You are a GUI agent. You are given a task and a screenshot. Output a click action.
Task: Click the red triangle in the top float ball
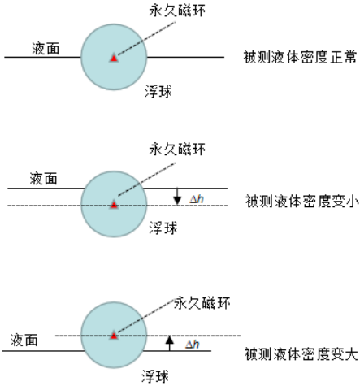coord(114,58)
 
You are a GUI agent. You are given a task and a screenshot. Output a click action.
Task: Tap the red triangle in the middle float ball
coord(114,205)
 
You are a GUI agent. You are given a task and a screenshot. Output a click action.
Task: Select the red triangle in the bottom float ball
coord(114,336)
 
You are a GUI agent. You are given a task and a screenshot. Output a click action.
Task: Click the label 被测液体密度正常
coord(300,57)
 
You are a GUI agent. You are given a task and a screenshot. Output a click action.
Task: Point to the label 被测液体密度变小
coord(302,201)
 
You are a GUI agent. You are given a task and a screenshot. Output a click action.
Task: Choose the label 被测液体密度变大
coord(301,353)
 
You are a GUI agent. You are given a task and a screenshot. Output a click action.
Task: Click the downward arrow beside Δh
coord(177,197)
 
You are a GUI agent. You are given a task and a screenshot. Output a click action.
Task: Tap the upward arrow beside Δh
coord(170,343)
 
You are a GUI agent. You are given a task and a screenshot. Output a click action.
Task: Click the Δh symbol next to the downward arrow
coord(197,199)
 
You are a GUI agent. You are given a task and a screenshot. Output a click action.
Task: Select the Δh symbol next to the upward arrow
coord(193,345)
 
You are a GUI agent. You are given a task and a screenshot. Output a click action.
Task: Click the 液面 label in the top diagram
coord(46,49)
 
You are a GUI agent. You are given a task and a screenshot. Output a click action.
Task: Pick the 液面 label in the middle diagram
coord(43,179)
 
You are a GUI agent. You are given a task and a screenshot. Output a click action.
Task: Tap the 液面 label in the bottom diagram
coord(24,340)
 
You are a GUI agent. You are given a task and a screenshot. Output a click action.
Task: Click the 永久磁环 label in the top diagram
coord(177,11)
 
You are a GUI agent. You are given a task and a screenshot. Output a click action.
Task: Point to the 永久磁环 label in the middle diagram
coord(177,149)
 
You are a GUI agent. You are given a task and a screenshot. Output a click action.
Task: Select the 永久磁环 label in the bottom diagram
coord(202,303)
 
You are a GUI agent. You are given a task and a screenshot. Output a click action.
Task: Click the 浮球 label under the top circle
coord(158,91)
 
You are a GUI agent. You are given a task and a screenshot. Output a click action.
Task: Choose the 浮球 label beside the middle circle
coord(163,228)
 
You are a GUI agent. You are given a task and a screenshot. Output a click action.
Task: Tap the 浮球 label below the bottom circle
coord(155,376)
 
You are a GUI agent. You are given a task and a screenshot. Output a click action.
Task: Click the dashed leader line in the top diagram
coord(146,38)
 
